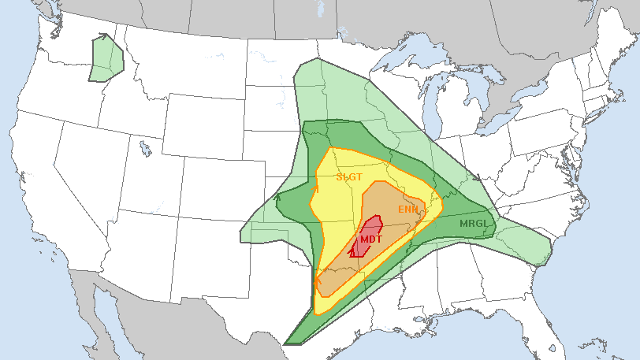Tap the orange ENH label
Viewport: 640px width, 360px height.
407,210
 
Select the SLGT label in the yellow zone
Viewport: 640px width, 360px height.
348,177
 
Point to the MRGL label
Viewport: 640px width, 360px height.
474,224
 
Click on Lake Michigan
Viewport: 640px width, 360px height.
431,102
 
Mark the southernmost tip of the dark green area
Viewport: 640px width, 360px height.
286,344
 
